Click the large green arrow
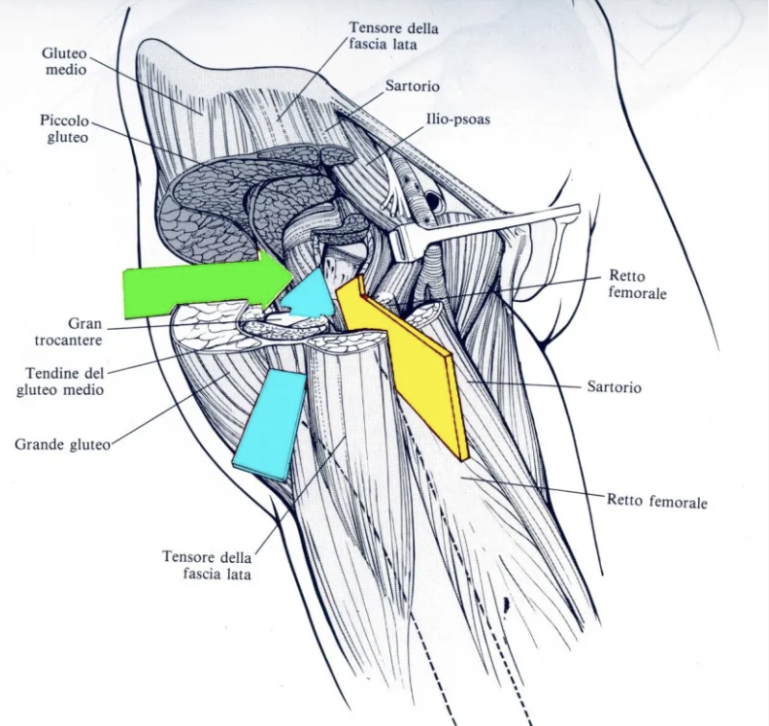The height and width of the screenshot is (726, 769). pos(206,284)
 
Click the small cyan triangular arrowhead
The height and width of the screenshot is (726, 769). pos(310,295)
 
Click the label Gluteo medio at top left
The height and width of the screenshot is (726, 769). pos(66,61)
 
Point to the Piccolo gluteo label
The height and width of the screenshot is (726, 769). pos(65,129)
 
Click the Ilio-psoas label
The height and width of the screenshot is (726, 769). pos(457,118)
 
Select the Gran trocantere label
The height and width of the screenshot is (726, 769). pos(69,331)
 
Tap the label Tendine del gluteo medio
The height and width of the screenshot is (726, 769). pos(61,381)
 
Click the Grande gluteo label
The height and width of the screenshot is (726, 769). pos(62,445)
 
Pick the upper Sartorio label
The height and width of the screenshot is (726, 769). pos(412,85)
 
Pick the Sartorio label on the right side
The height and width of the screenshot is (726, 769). pos(614,387)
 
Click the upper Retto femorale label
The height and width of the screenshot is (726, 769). pos(637,284)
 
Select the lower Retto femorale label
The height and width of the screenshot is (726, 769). pos(657,501)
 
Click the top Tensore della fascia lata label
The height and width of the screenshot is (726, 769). pos(393,36)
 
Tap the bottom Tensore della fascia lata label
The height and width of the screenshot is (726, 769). pos(207,565)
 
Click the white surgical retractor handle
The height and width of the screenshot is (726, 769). pos(485,230)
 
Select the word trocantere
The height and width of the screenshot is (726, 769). pos(69,340)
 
